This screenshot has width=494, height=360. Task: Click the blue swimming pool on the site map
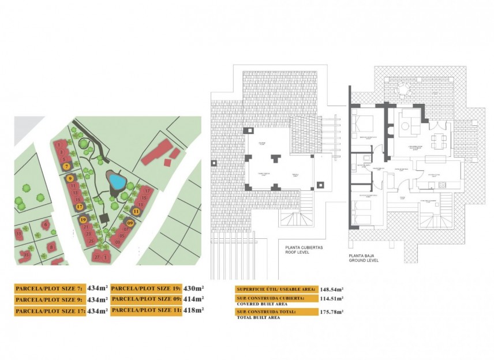pyautogui.click(x=118, y=182)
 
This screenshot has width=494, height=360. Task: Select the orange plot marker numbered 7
pyautogui.click(x=68, y=166)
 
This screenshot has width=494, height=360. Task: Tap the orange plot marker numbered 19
pyautogui.click(x=83, y=220)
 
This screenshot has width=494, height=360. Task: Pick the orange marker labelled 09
pyautogui.click(x=130, y=223)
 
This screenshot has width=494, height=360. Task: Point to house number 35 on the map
pyautogui.click(x=26, y=254)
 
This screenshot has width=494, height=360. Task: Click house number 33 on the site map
pyautogui.click(x=19, y=234)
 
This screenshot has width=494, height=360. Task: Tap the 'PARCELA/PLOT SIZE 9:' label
pyautogui.click(x=50, y=300)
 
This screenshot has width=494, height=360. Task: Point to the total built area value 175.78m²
pyautogui.click(x=331, y=312)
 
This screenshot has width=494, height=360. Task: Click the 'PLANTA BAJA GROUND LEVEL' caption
pyautogui.click(x=364, y=258)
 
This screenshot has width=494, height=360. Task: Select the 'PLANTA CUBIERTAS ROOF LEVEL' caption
pyautogui.click(x=304, y=250)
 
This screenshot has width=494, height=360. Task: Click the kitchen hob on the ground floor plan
pyautogui.click(x=443, y=184)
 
